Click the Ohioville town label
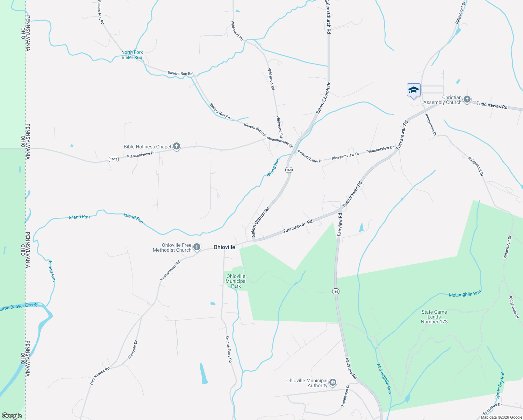click(x=224, y=247)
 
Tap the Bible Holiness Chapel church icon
click(x=177, y=146)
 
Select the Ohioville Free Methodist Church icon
click(x=197, y=247)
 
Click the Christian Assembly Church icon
click(x=467, y=100)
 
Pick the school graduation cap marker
click(x=414, y=90)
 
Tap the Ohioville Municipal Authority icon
click(x=333, y=383)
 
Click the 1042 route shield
click(x=114, y=159)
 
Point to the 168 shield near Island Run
click(x=288, y=170)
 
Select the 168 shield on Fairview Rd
click(x=336, y=291)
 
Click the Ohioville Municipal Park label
click(x=236, y=281)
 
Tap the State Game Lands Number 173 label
click(x=434, y=317)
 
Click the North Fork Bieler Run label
click(x=132, y=55)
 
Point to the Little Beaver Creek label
click(x=19, y=307)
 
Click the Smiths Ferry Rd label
click(x=228, y=349)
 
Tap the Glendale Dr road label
click(x=132, y=349)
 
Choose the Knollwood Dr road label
click(x=345, y=395)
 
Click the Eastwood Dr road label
click(x=492, y=408)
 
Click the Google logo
click(x=12, y=416)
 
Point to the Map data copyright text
click(x=501, y=417)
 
